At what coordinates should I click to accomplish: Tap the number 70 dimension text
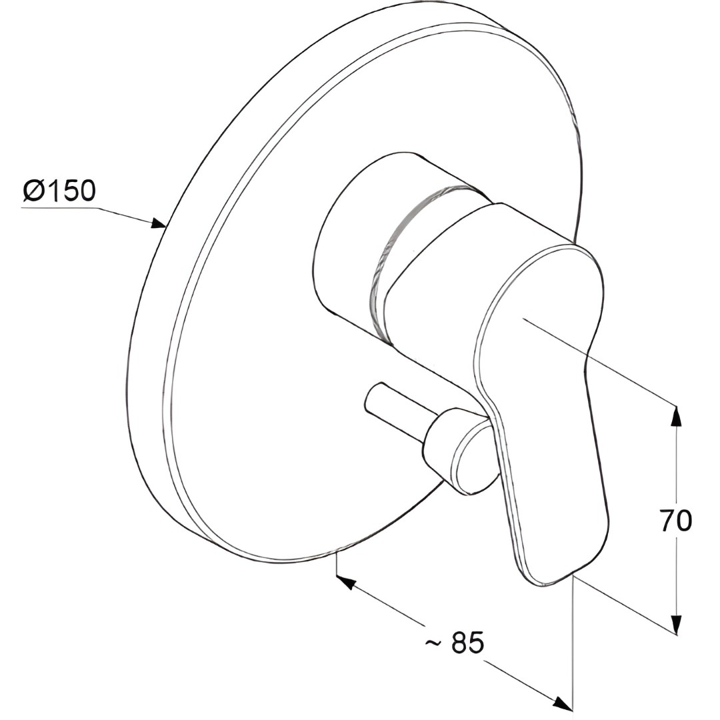pyautogui.click(x=676, y=520)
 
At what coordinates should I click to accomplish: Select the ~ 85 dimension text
pyautogui.click(x=454, y=642)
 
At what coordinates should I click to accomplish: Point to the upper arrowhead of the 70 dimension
pyautogui.click(x=676, y=416)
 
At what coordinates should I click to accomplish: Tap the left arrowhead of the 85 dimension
pyautogui.click(x=347, y=582)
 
